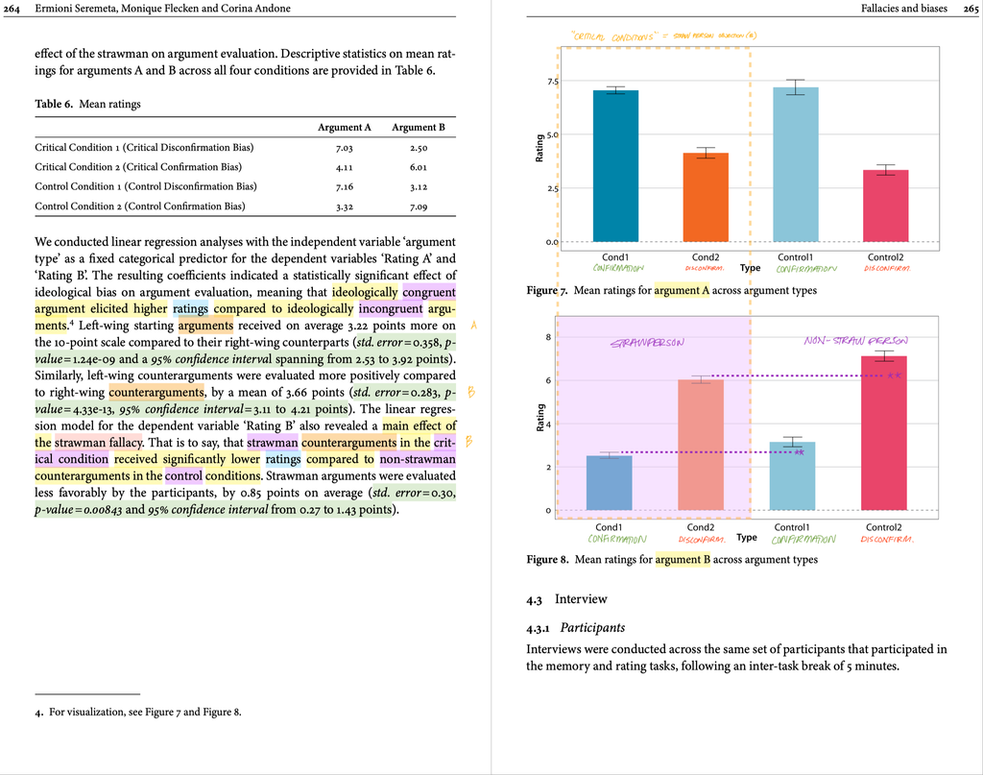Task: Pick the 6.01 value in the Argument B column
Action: tap(418, 167)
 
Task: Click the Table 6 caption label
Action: tap(56, 104)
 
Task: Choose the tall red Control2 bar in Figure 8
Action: tap(884, 433)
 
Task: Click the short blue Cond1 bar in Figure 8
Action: tap(609, 483)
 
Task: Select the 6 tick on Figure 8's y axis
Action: tap(547, 381)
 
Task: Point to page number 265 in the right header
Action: tap(967, 9)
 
